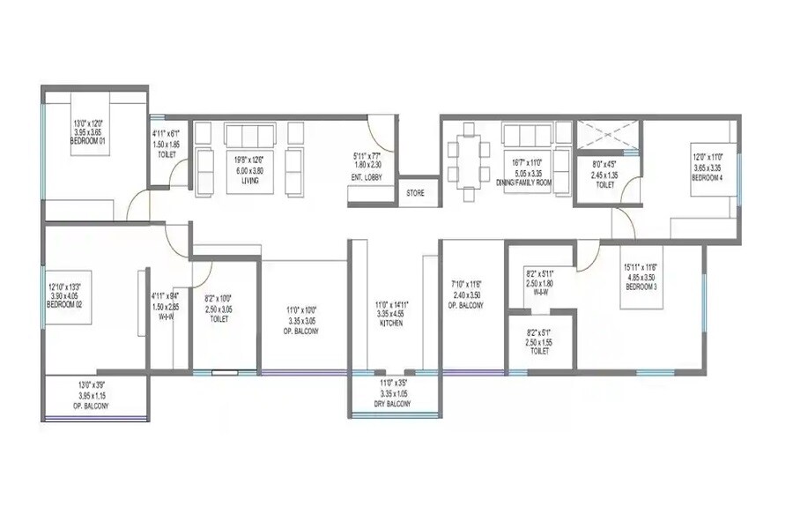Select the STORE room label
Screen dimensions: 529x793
pos(415,193)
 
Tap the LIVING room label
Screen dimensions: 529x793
pos(247,181)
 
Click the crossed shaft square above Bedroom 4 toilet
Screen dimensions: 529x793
pos(607,136)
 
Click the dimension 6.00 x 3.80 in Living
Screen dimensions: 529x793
pos(247,172)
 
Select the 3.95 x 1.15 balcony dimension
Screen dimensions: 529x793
pos(92,397)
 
